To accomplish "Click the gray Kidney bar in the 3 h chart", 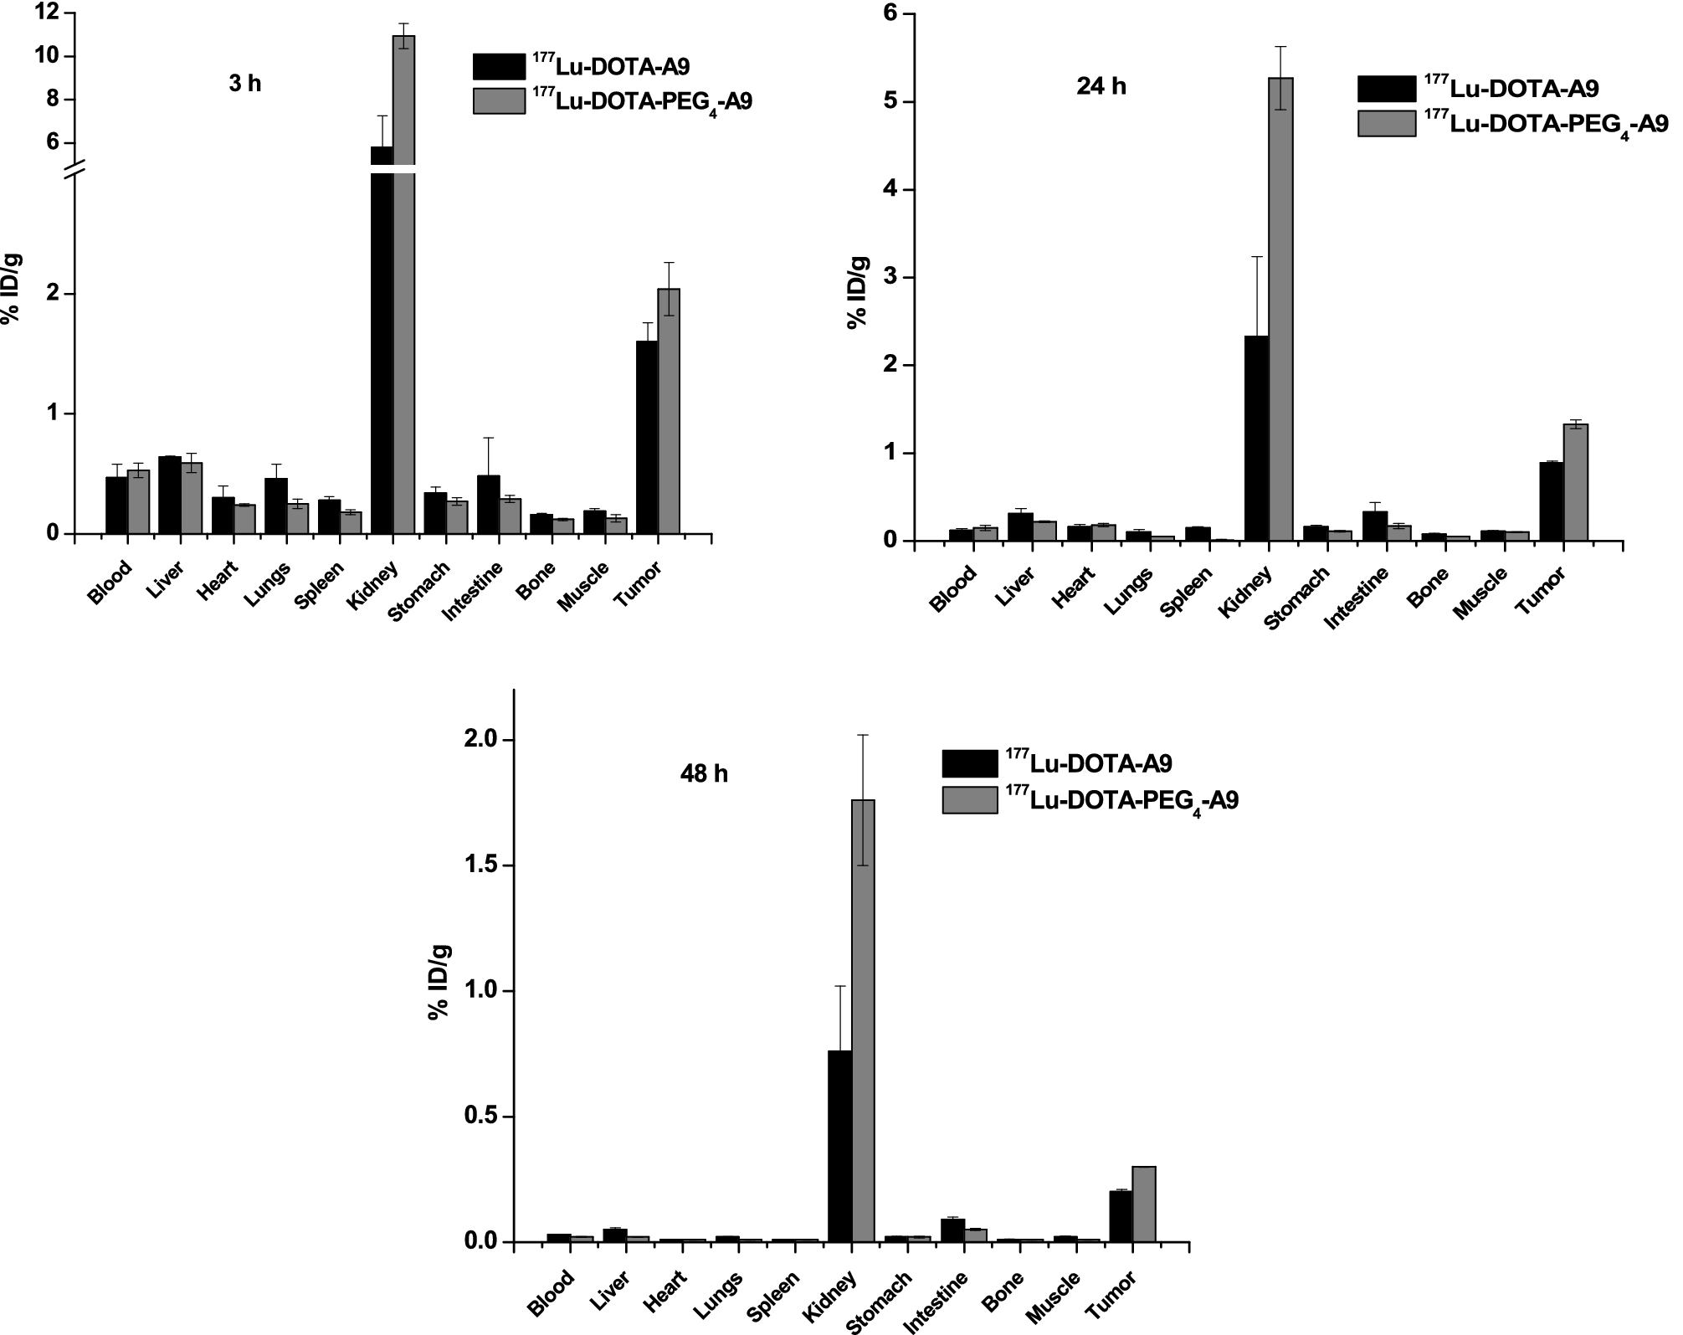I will pos(404,285).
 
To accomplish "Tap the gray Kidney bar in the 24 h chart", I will pos(1281,310).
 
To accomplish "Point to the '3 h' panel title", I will pos(244,84).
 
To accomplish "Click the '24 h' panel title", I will pos(1101,86).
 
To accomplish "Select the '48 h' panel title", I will pos(704,774).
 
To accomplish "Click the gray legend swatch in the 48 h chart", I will pos(970,799).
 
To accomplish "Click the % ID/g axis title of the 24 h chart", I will pos(859,294).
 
